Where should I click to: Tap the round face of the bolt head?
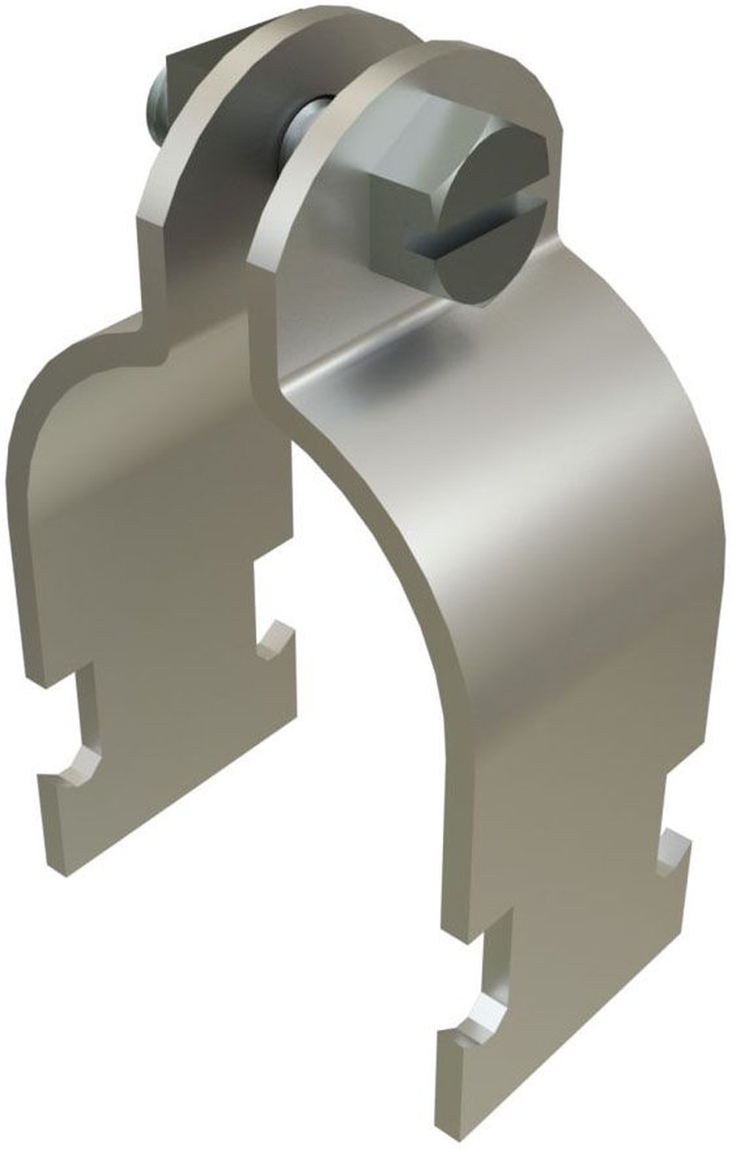tap(498, 220)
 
